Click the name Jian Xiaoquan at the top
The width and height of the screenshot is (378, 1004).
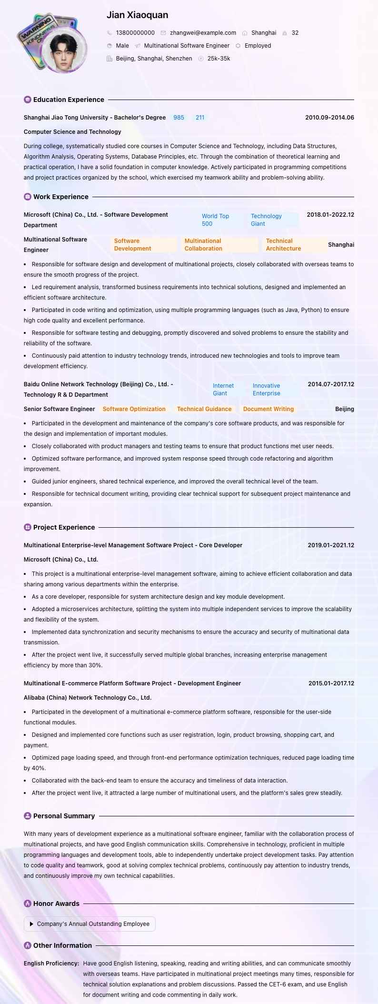[x=137, y=15]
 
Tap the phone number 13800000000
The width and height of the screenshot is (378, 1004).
[x=135, y=33]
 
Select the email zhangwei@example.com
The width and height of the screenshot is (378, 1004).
[x=203, y=33]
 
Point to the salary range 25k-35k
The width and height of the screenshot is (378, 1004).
[x=219, y=59]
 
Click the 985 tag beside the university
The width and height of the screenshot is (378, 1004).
[x=179, y=118]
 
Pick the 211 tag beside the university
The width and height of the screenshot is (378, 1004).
[x=200, y=118]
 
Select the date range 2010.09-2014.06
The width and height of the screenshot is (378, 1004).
[x=329, y=118]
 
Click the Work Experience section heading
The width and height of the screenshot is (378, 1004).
[x=60, y=197]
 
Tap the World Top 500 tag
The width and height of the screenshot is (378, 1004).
[x=215, y=220]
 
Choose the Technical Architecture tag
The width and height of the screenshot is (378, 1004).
[x=283, y=245]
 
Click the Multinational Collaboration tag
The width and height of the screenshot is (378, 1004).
[x=203, y=245]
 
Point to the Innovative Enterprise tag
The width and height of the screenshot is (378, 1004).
[x=266, y=390]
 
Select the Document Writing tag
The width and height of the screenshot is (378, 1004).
[x=269, y=409]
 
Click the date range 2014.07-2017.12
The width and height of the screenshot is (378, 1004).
[x=331, y=384]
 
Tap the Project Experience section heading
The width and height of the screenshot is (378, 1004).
[x=64, y=527]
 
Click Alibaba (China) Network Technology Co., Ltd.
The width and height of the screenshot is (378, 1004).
[x=88, y=698]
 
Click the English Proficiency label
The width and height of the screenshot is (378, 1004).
[x=51, y=964]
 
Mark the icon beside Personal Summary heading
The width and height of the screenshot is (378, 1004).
[x=28, y=816]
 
